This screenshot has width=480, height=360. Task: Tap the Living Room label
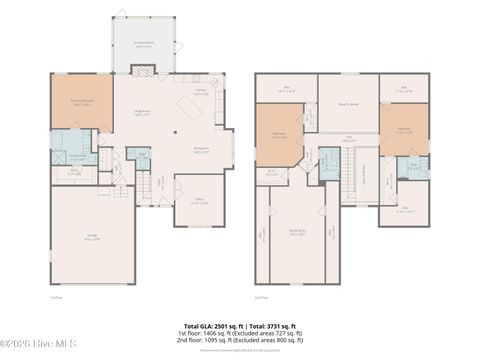[143, 113]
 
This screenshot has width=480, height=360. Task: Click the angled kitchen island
[190, 104]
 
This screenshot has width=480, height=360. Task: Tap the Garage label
[91, 238]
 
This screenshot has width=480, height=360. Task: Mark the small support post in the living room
[173, 131]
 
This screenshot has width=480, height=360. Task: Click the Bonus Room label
[297, 230]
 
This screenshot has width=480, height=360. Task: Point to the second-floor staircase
[352, 186]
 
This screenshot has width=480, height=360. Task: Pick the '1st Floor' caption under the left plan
[57, 297]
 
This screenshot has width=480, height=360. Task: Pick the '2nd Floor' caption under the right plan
[262, 297]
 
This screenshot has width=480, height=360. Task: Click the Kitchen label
[199, 90]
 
